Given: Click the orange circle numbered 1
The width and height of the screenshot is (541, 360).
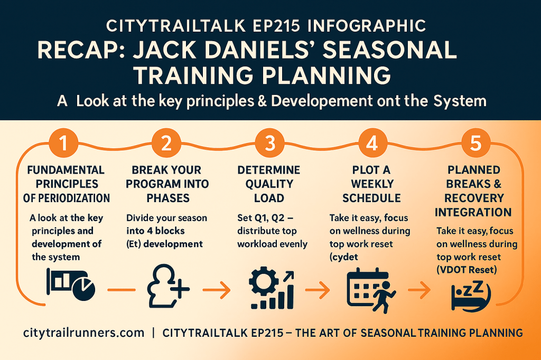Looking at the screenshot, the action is (63, 143).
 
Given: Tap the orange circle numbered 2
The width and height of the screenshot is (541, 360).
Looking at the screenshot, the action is (166, 143).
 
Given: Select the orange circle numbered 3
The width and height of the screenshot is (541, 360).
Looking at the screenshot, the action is (269, 143).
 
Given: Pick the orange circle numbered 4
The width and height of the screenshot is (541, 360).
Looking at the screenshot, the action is (372, 143).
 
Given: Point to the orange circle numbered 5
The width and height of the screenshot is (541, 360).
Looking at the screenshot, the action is (476, 143).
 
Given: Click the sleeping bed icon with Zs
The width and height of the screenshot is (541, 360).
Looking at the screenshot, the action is (471, 296).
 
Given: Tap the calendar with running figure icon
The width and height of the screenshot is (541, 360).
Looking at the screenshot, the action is (371, 290).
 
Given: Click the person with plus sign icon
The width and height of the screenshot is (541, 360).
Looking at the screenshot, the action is (168, 286).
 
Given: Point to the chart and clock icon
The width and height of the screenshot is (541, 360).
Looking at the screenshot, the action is (71, 285).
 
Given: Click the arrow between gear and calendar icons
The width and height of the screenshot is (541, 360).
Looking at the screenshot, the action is (318, 290).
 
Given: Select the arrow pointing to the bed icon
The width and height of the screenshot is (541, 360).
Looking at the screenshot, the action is (419, 290).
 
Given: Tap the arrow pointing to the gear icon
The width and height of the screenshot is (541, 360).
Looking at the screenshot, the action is (216, 290).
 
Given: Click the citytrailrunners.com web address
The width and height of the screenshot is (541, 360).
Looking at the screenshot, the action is (84, 333).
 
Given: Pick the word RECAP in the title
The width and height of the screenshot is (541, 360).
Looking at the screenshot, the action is (81, 50).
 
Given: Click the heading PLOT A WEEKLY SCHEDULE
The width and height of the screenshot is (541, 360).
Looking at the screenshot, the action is (371, 184).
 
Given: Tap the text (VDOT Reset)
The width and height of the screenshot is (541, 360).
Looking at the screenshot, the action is (467, 270).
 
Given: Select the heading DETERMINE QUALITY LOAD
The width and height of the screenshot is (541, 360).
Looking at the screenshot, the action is (269, 184).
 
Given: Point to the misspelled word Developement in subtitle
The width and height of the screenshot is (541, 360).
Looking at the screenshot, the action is (322, 101).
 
